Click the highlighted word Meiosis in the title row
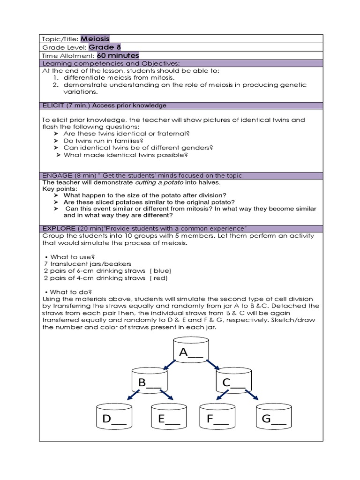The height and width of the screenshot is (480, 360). [95, 39]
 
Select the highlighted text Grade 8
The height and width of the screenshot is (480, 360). [102, 47]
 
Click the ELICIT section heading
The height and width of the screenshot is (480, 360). [104, 105]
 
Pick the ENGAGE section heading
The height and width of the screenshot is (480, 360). [142, 175]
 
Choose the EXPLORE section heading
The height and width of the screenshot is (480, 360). [144, 228]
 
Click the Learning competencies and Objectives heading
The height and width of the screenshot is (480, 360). [111, 63]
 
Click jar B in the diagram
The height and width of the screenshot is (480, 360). [150, 382]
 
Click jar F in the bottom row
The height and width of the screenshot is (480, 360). [217, 418]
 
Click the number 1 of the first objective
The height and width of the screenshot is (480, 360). [55, 77]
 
